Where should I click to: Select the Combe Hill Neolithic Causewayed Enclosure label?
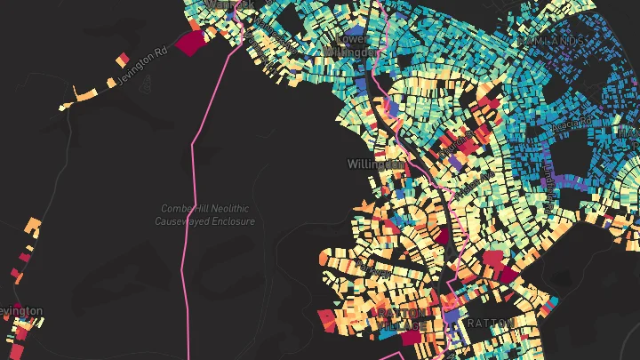(208, 214)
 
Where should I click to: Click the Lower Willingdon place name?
(355, 44)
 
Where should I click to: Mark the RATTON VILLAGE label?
(397, 320)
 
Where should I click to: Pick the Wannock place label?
(229, 4)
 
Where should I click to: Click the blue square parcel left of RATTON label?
(452, 317)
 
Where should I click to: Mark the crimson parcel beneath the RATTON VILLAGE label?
(411, 338)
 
